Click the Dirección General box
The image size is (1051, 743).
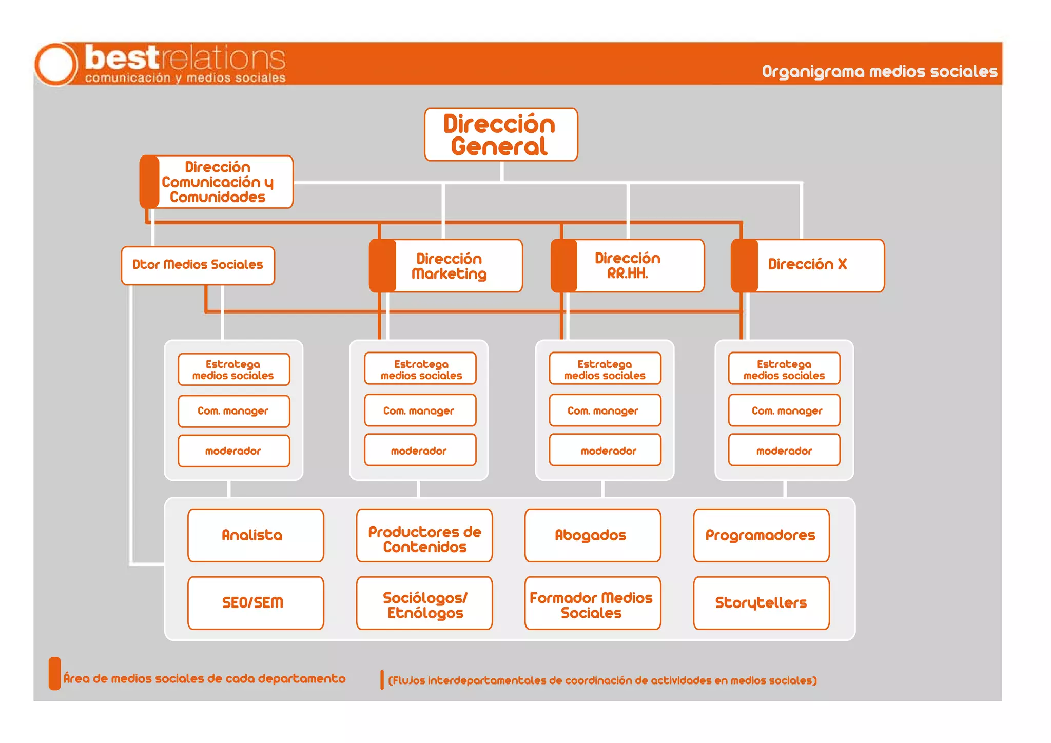[x=501, y=134]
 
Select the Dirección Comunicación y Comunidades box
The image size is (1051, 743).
[x=217, y=182]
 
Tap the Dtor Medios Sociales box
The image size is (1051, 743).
[x=198, y=265]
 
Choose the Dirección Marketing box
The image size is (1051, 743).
[x=449, y=266]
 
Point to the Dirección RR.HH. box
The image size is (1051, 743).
[x=628, y=266]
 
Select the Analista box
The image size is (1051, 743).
[x=256, y=535]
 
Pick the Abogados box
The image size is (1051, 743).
[x=592, y=535]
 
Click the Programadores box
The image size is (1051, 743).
[x=761, y=535]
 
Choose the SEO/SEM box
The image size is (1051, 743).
[x=256, y=602]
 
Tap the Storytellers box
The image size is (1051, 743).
[x=761, y=602]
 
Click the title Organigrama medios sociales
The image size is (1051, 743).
[x=879, y=71]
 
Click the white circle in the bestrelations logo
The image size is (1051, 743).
[x=55, y=64]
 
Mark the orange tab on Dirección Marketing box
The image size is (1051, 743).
[x=382, y=266]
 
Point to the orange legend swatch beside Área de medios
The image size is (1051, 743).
[x=55, y=673]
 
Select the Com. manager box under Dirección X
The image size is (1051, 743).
[x=784, y=410]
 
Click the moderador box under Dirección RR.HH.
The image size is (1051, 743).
[x=605, y=450]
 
